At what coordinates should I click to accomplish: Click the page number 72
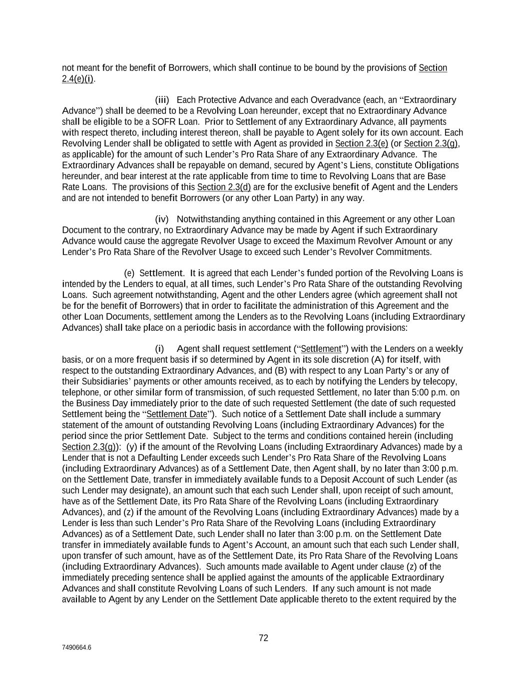(263, 638)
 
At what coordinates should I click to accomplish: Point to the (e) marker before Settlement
(129, 273)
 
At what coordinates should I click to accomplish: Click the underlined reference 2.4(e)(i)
(77, 79)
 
